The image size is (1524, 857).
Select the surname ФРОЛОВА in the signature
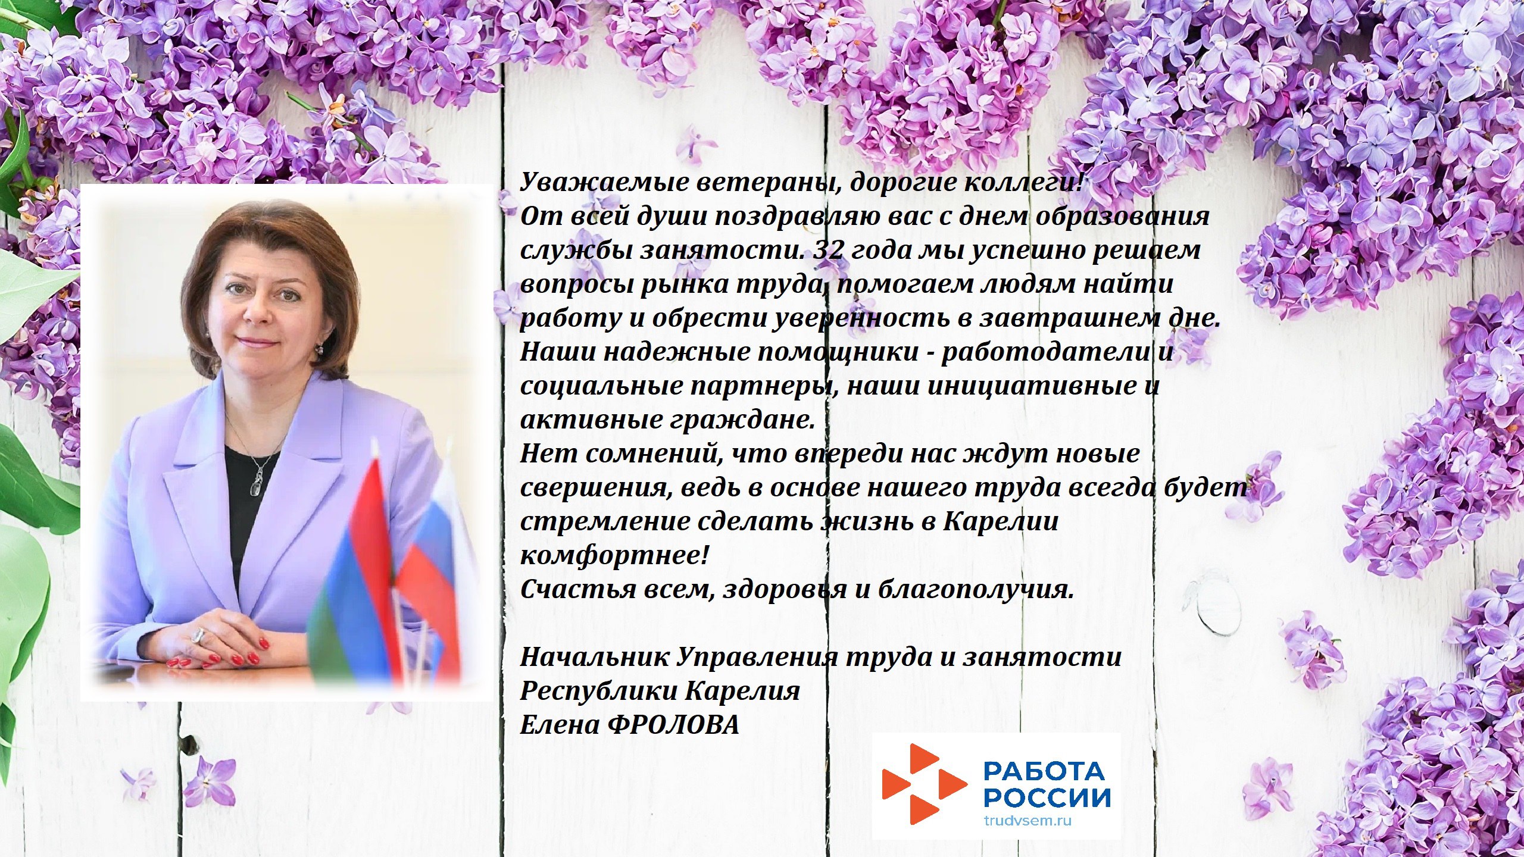(x=675, y=725)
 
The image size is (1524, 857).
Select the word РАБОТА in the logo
(x=1044, y=772)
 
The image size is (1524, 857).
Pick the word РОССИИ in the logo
(x=1047, y=798)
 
